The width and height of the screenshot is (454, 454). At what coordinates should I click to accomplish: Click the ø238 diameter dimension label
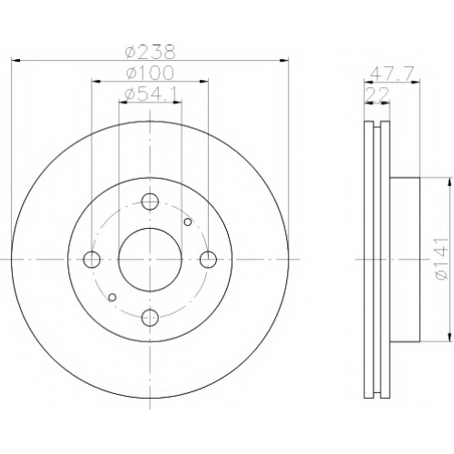tap(151, 52)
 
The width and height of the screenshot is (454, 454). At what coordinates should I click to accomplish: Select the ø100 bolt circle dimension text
tap(151, 73)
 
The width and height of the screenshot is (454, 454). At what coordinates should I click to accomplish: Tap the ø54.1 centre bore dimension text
tap(151, 94)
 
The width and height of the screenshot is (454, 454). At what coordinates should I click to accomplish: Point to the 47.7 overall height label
tap(391, 74)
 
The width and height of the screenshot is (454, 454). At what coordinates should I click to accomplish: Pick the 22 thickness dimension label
tap(377, 94)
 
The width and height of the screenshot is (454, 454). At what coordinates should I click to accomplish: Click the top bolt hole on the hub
tap(150, 202)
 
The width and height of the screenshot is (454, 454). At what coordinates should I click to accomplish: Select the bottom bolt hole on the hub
tap(150, 318)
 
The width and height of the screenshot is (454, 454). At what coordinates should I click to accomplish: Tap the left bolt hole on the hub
tap(92, 260)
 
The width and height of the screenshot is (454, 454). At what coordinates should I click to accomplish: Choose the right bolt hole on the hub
tap(209, 260)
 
